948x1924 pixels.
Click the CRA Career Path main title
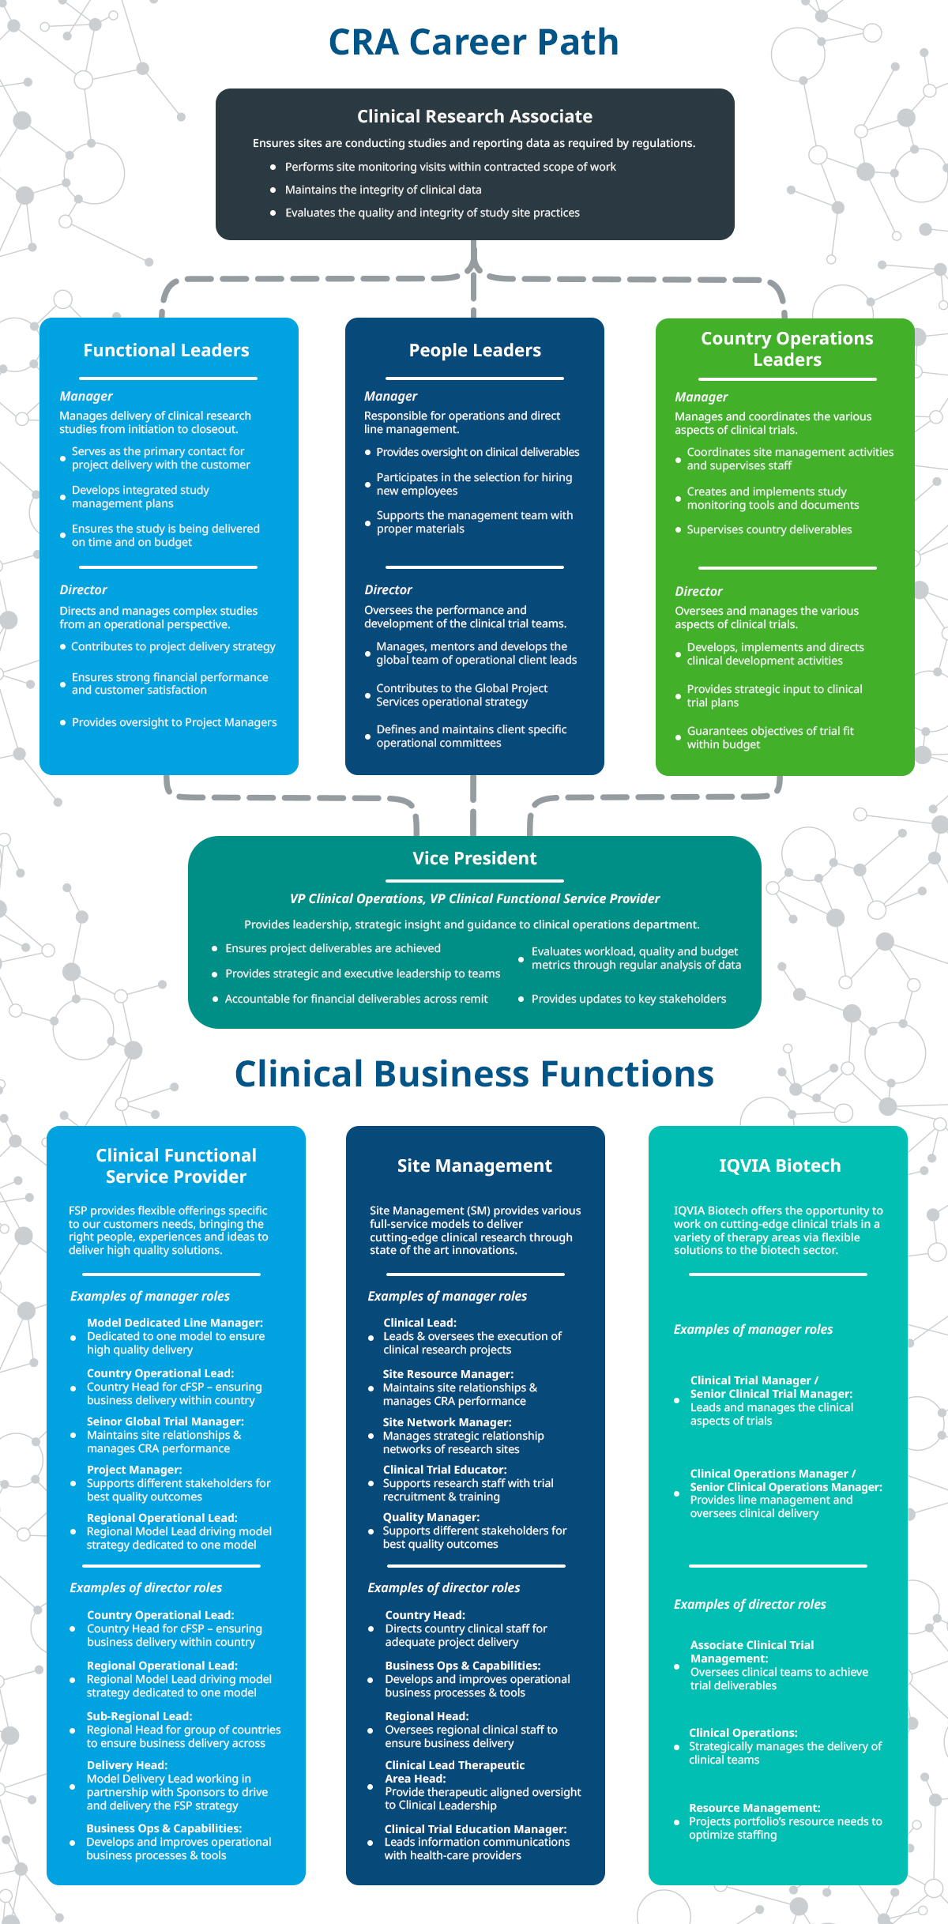(x=473, y=43)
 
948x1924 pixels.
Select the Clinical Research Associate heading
(x=475, y=116)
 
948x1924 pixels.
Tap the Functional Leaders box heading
(x=167, y=350)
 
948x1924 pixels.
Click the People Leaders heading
(x=475, y=350)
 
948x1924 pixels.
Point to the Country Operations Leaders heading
(x=787, y=348)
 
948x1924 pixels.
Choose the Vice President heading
(x=475, y=858)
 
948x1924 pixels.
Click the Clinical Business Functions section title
(x=474, y=1074)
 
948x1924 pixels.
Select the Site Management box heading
(x=475, y=1165)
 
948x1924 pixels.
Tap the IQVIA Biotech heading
(x=780, y=1165)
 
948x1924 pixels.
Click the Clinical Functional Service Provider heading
(x=176, y=1165)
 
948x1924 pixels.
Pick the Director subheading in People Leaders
(x=388, y=589)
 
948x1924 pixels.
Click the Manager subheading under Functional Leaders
(x=86, y=397)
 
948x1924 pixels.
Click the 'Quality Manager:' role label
(x=431, y=1517)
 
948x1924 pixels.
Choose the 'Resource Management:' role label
(x=754, y=1808)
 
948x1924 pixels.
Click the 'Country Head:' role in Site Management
(x=425, y=1615)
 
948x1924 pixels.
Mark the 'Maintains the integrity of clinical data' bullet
(x=383, y=190)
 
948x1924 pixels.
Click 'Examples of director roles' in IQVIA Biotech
(x=750, y=1604)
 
